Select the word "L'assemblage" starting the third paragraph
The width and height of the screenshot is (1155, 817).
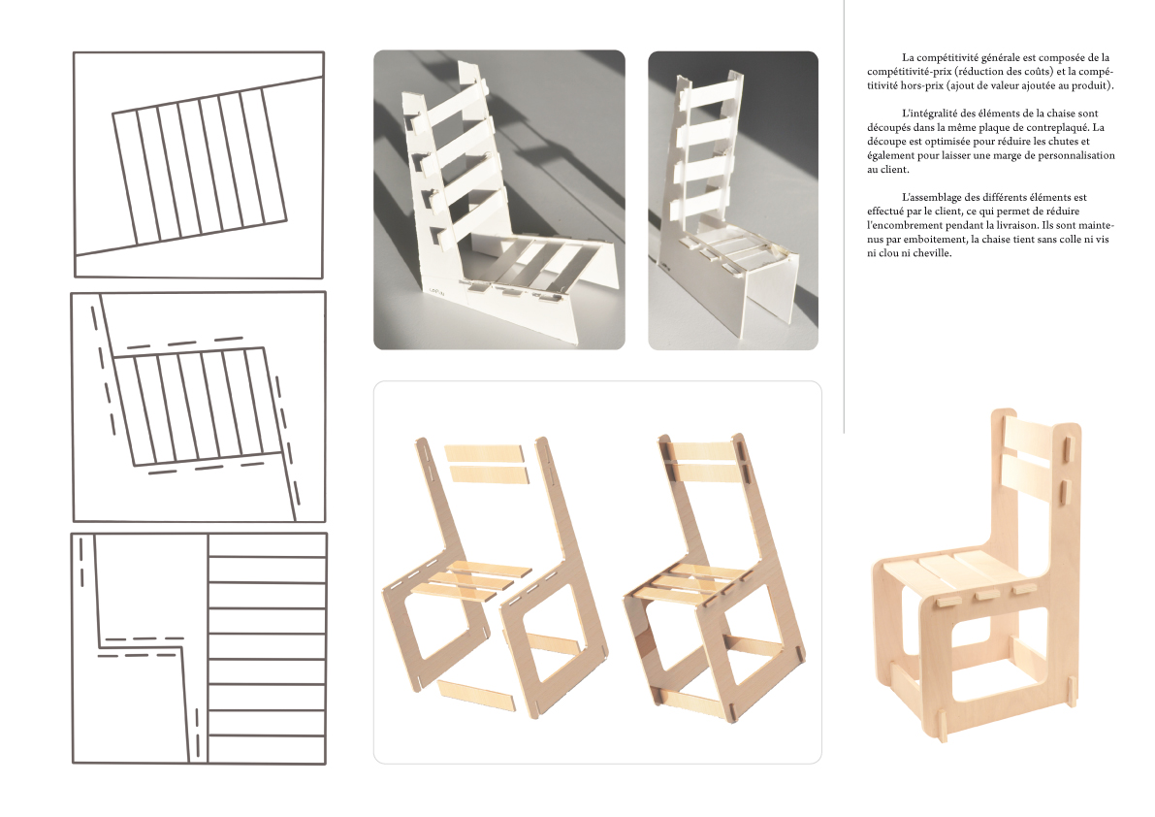932,197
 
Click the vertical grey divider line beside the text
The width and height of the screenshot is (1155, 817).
844,216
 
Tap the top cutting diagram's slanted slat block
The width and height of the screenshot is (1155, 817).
200,166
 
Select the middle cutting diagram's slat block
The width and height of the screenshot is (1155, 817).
198,407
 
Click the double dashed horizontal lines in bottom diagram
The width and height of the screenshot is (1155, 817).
141,646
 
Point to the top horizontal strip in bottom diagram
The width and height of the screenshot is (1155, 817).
267,546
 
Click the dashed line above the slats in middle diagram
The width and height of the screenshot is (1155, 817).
185,343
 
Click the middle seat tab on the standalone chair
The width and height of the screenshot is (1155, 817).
983,596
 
